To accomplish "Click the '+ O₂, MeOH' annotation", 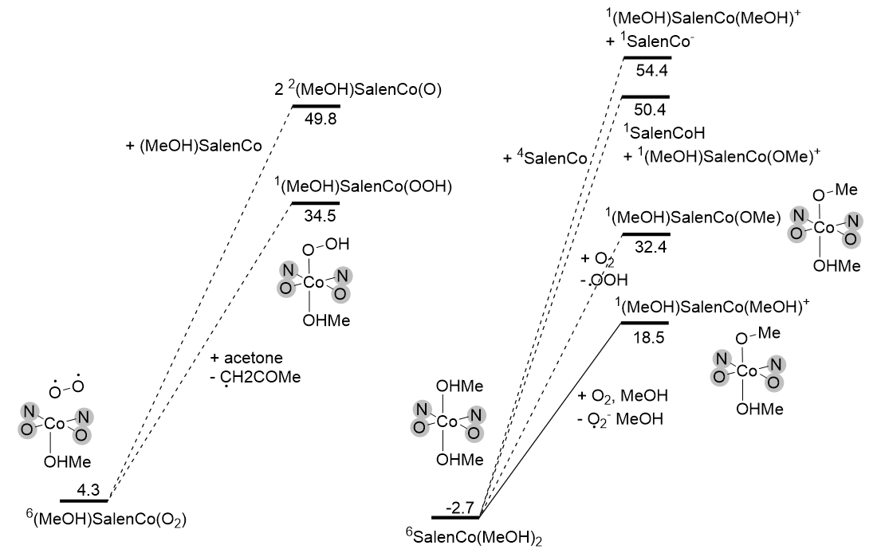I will click(x=624, y=396).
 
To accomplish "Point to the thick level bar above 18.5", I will click(x=645, y=322).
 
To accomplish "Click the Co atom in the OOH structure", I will click(x=313, y=280).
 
